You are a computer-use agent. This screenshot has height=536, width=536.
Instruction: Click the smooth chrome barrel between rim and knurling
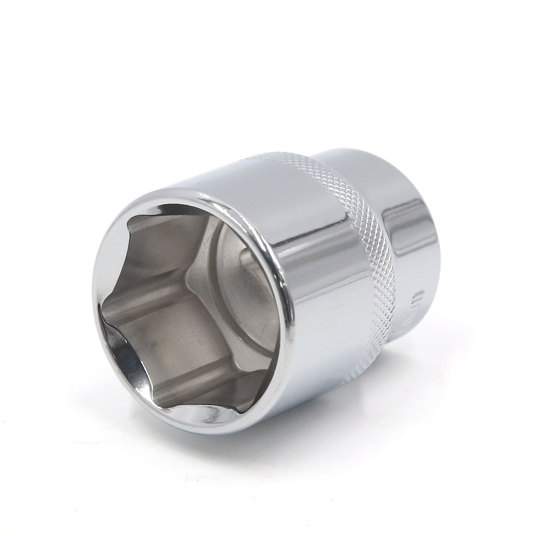click(312, 273)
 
